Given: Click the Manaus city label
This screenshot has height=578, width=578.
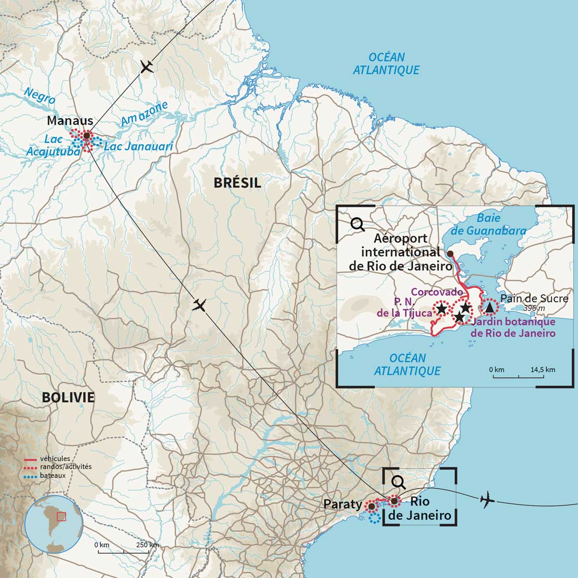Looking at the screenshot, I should (70, 121).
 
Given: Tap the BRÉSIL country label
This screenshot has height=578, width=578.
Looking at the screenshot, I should (237, 183).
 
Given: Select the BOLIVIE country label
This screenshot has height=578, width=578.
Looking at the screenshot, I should (68, 397).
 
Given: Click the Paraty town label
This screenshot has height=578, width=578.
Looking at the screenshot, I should (342, 504).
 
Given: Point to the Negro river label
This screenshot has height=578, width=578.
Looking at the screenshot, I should (40, 95).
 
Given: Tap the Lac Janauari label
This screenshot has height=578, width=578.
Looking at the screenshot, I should (138, 147).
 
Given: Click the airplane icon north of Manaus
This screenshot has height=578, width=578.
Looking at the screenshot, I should (147, 66).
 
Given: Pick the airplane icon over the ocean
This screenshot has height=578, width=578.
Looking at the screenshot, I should (487, 499).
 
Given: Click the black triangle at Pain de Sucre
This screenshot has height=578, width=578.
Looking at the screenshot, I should (489, 307).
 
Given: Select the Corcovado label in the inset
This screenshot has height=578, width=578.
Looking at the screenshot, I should (437, 292).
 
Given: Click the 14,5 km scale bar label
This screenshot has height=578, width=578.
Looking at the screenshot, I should (543, 370).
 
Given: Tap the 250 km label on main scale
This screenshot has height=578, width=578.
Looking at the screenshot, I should (148, 545).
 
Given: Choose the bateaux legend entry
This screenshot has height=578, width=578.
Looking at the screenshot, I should (53, 476).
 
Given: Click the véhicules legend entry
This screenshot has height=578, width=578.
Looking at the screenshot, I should (55, 459).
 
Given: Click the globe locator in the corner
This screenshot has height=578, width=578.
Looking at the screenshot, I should (54, 525).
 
